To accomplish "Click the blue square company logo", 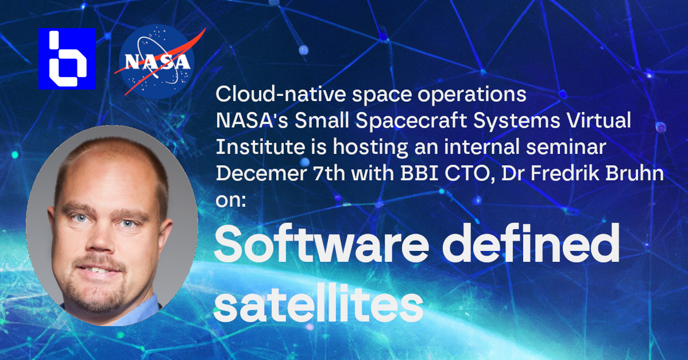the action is pos(67,59).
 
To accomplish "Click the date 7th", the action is pos(330,173).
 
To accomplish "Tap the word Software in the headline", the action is pos(321,244).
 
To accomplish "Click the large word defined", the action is pos(531,243).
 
